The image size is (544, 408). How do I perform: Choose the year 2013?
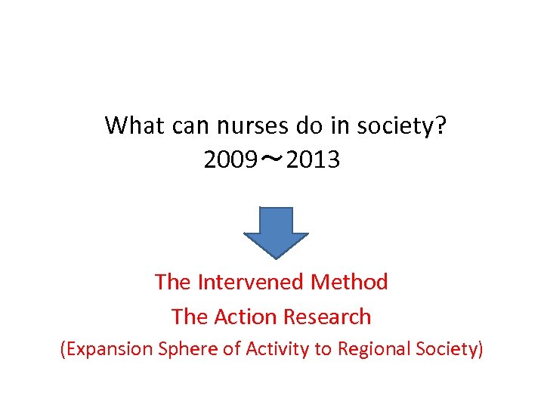[314, 160]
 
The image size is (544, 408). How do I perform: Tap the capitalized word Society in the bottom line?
[447, 349]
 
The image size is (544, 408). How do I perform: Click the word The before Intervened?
[173, 282]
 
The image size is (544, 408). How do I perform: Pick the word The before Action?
[189, 317]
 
